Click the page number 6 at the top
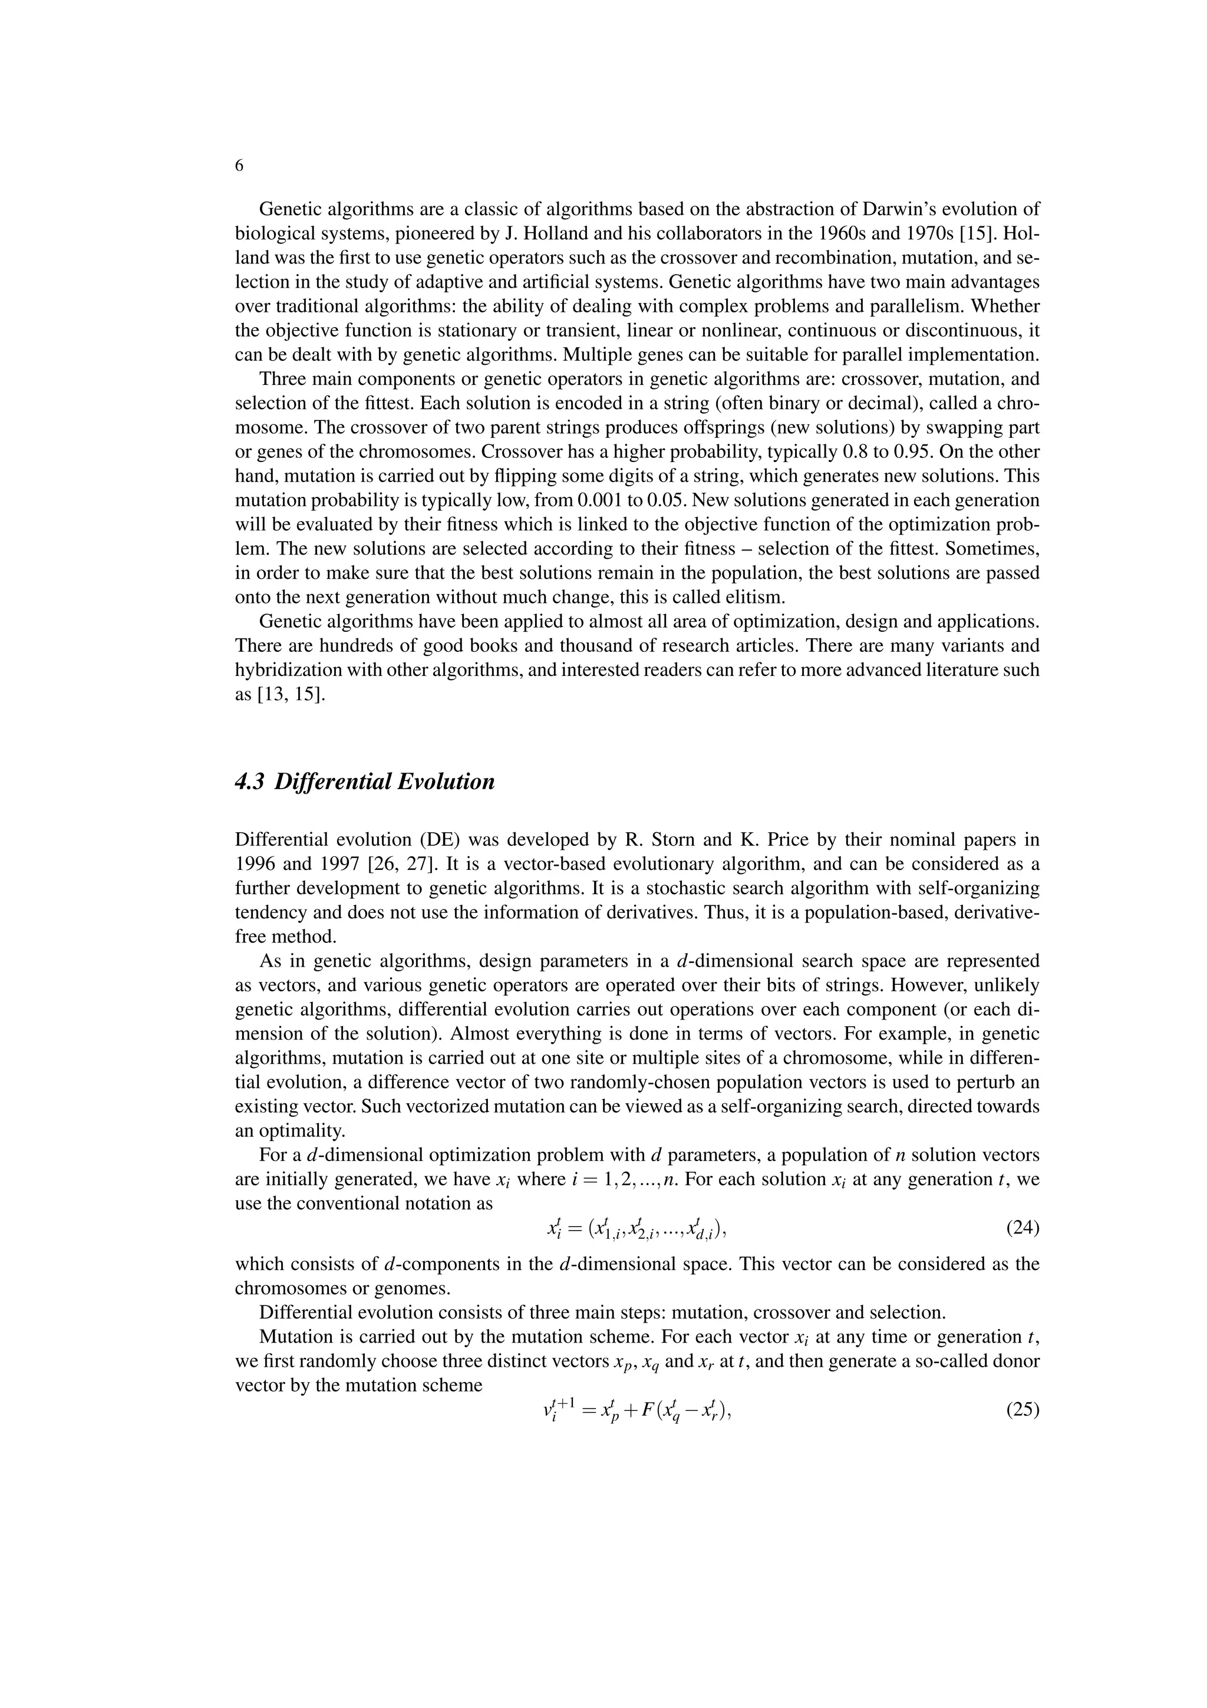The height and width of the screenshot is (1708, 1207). tap(239, 166)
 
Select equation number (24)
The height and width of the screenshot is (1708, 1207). tap(1022, 1228)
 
